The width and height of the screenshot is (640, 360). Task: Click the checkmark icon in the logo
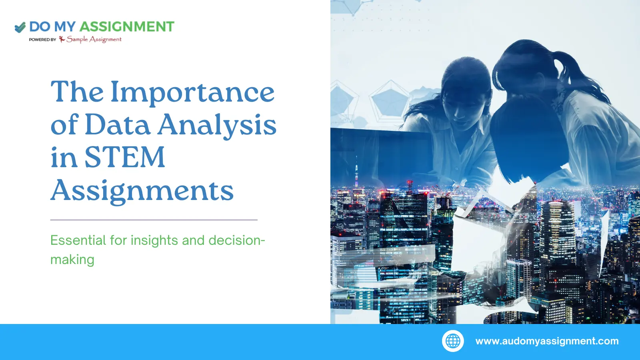tap(20, 27)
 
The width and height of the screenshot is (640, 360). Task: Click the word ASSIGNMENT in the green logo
tap(127, 27)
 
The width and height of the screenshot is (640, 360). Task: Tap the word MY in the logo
tap(64, 27)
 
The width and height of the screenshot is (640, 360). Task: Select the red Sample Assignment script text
tap(94, 39)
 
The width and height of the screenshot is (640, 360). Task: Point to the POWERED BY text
tap(42, 40)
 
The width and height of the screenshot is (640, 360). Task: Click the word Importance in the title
tap(192, 92)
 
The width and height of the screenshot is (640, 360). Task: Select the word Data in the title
tap(118, 125)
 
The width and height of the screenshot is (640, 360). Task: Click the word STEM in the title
tap(124, 157)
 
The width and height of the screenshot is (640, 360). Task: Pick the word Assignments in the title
tap(142, 191)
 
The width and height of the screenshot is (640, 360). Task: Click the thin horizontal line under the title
tap(154, 220)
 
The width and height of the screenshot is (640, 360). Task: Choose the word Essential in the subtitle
tap(78, 240)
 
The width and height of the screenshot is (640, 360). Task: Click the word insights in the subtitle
tap(154, 240)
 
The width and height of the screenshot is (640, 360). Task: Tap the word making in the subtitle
tap(72, 260)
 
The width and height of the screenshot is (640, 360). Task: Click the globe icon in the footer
tap(453, 341)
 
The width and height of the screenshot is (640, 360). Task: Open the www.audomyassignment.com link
tap(547, 341)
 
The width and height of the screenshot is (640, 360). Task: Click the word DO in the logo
tap(40, 27)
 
